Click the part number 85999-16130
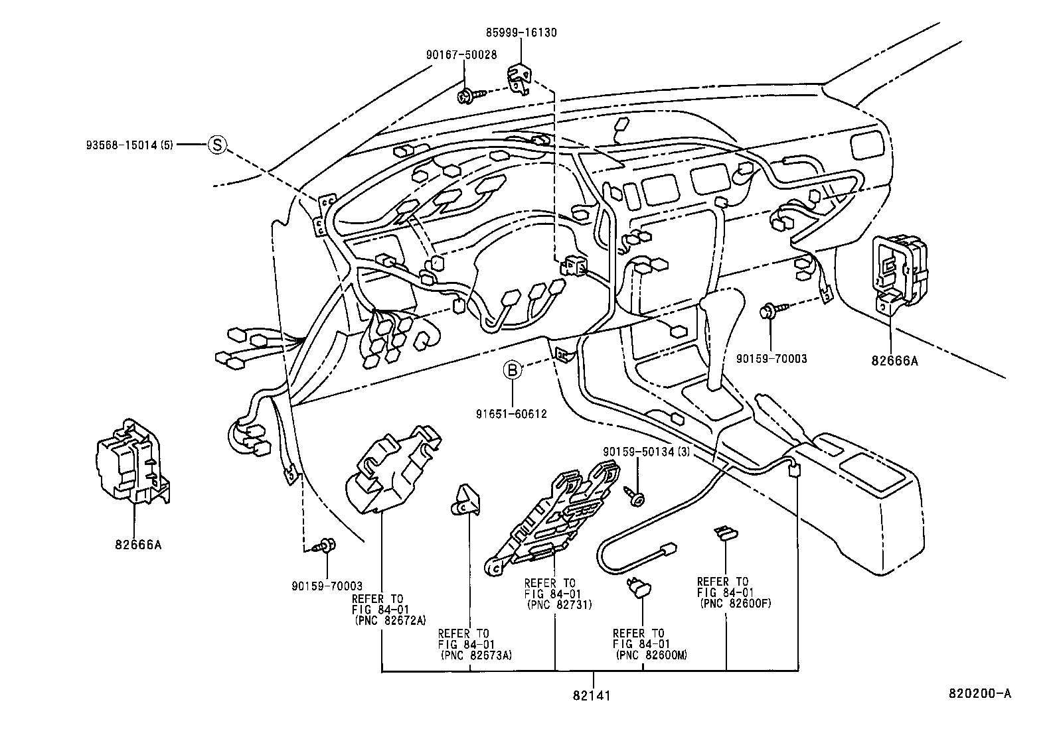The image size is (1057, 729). [x=520, y=33]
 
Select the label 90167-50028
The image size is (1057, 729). [x=461, y=55]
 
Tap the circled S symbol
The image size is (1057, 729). [x=216, y=144]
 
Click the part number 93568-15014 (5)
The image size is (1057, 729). [x=129, y=144]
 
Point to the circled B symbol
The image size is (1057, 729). [x=513, y=369]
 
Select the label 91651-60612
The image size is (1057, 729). [x=511, y=414]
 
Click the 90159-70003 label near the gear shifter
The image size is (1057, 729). [x=772, y=359]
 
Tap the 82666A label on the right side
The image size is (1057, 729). [x=896, y=362]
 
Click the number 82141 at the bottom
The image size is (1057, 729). [x=591, y=696]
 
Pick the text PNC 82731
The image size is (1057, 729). [x=558, y=605]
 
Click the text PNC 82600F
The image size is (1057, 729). [x=735, y=604]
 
